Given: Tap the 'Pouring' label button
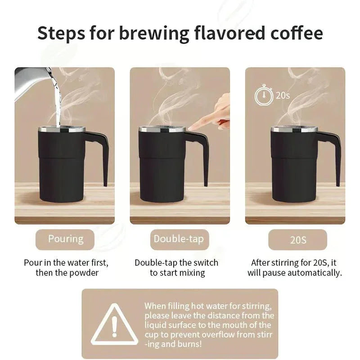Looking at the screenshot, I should [x=66, y=238].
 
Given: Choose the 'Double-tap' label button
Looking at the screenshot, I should [x=179, y=238].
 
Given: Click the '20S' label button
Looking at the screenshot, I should [x=298, y=239].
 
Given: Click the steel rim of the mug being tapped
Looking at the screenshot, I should [x=162, y=129].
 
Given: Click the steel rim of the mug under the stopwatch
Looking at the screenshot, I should [x=294, y=129].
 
